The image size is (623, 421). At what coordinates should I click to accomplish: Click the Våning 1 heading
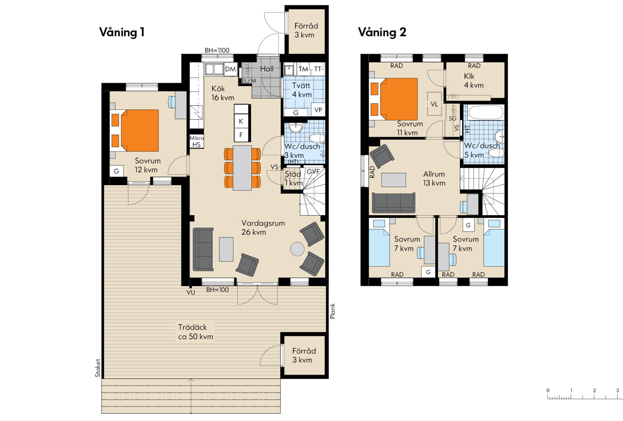click(x=122, y=32)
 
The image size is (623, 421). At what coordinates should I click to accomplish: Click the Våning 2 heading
click(x=382, y=32)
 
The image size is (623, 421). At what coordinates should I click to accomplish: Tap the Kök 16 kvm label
click(x=223, y=93)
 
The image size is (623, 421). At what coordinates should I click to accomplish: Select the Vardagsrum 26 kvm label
click(x=263, y=228)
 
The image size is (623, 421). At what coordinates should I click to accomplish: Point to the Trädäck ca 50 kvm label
click(x=196, y=332)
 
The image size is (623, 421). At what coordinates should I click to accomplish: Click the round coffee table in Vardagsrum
click(x=297, y=249)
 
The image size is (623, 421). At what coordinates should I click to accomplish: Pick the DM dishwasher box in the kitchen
click(x=231, y=69)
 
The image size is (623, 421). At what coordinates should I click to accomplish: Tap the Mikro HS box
click(x=197, y=142)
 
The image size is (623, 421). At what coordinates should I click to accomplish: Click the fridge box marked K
click(x=241, y=121)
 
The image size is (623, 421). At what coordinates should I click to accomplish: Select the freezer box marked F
click(x=241, y=135)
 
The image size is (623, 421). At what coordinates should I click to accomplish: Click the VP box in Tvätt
click(x=318, y=110)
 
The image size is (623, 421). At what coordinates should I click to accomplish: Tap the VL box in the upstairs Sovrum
click(x=435, y=104)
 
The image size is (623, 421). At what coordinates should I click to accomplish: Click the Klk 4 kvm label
click(x=473, y=80)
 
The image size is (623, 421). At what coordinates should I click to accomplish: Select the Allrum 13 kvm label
click(x=434, y=178)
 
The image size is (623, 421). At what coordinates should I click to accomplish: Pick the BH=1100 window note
click(x=217, y=50)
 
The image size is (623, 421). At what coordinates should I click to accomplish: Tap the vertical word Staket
click(x=98, y=368)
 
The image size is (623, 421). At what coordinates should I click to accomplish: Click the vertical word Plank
click(x=332, y=311)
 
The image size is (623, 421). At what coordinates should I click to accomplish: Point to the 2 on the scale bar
click(x=594, y=390)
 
